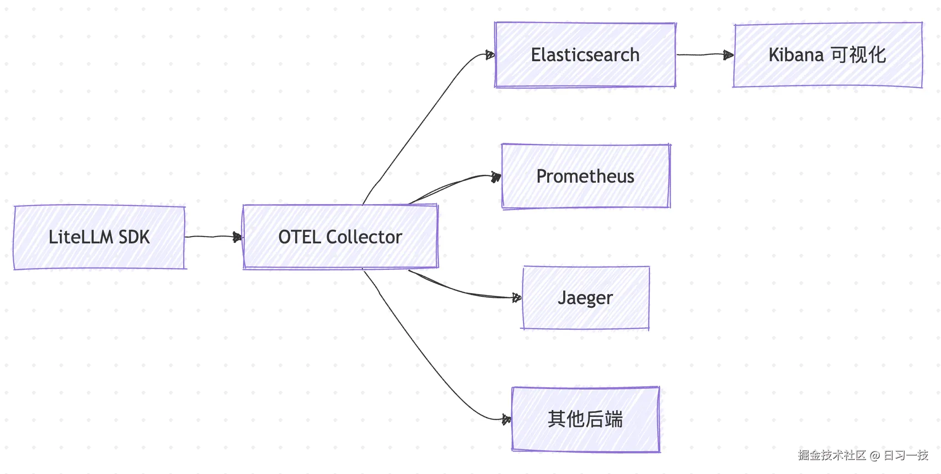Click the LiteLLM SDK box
point(99,237)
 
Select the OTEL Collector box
point(340,237)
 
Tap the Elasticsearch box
point(585,55)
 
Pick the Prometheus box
point(585,176)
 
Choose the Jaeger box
point(585,298)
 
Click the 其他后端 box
point(585,419)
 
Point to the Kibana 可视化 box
point(827,55)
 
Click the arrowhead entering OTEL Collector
point(238,237)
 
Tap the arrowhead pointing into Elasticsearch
point(490,55)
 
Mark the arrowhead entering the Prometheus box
point(496,177)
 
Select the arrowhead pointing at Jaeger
point(517,298)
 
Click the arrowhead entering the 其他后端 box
point(506,420)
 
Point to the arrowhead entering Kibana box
point(729,55)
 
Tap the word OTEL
point(299,237)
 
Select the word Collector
point(364,237)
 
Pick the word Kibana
point(796,55)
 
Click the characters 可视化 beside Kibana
point(858,55)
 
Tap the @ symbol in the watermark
point(875,456)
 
